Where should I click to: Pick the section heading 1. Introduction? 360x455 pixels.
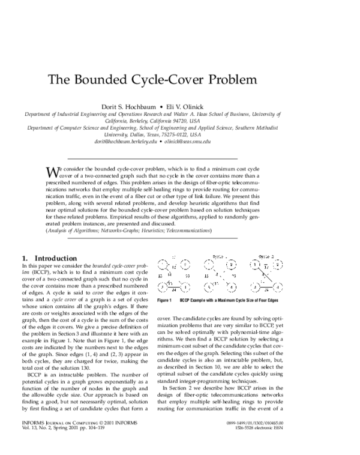pyautogui.click(x=49, y=258)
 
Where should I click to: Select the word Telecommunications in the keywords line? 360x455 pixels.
pyautogui.click(x=183, y=231)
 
